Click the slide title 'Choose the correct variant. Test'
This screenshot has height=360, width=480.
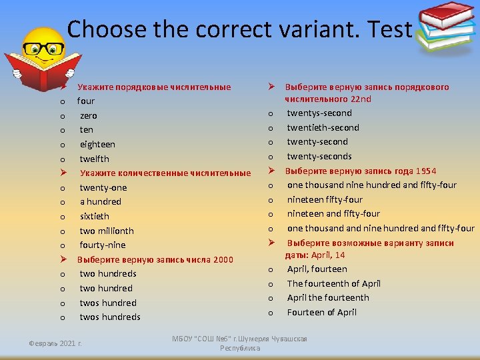pos(239,29)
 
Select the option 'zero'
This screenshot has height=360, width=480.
pos(88,115)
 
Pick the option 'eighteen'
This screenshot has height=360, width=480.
pos(97,144)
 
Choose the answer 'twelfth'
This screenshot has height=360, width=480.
pos(94,159)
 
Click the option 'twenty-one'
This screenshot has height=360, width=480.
pos(103,187)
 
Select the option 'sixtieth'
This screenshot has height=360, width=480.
pos(94,216)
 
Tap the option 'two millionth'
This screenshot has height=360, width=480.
pos(107,231)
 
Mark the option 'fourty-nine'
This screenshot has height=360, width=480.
pos(102,245)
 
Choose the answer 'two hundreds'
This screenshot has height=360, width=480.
pos(108,273)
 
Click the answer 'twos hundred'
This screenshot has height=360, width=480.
pos(108,303)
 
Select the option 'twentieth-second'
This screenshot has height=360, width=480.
pos(323,127)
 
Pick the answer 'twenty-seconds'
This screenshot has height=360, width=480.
pos(319,156)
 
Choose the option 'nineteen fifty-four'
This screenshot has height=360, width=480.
pos(325,199)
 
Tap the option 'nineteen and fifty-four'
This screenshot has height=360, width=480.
pos(333,213)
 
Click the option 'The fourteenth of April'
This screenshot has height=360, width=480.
pos(333,283)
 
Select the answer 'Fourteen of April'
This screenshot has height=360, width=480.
pos(321,312)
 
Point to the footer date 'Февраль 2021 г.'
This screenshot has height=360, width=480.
pos(55,343)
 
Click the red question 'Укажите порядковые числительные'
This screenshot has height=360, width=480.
pos(154,87)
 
